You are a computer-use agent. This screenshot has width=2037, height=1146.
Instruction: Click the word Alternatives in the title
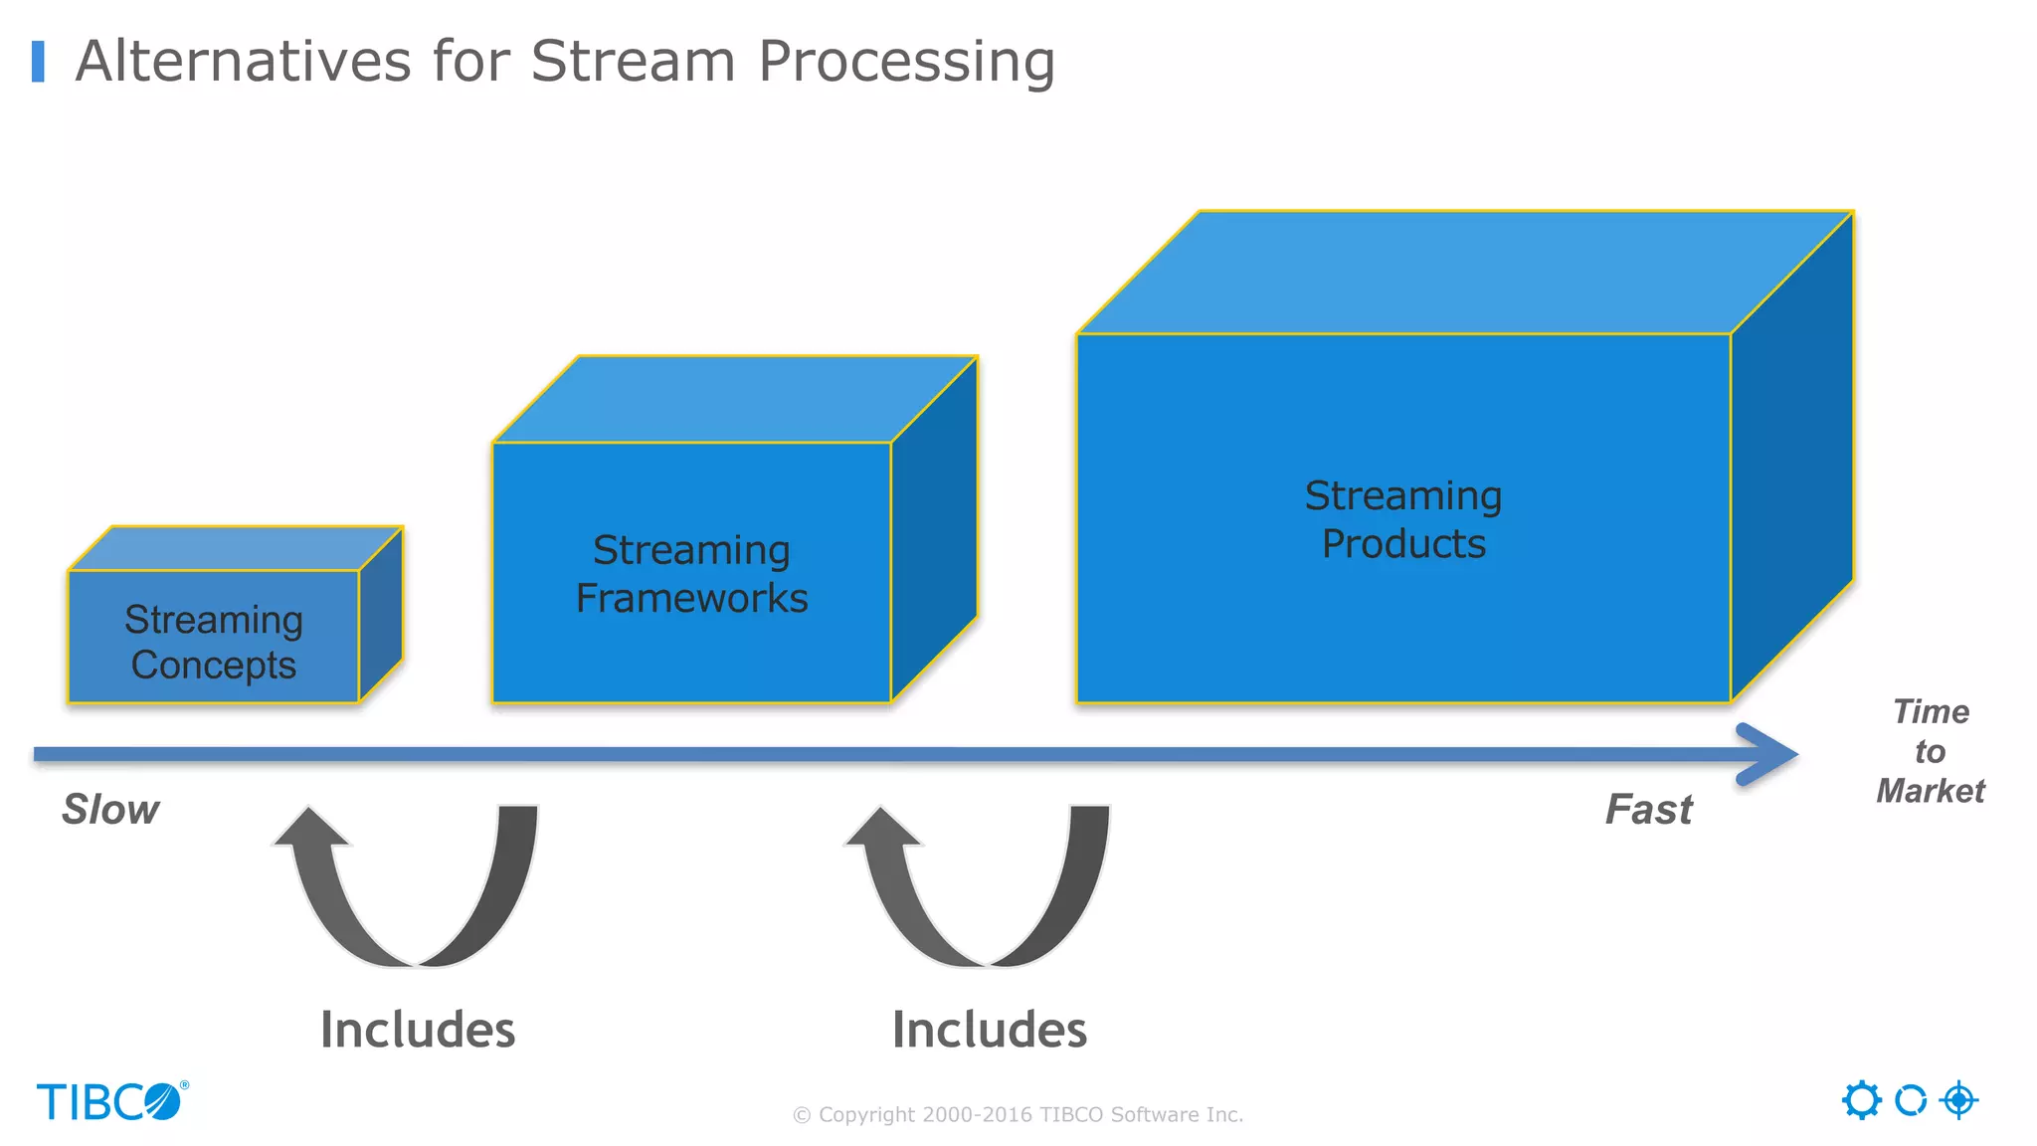pos(244,62)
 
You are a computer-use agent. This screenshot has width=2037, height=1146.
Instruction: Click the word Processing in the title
pos(906,62)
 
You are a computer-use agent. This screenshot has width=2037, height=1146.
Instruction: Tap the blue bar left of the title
pos(38,62)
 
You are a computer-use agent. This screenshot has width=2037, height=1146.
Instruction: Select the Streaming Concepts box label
pos(213,642)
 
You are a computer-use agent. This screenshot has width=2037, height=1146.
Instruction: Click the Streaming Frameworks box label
pos(691,574)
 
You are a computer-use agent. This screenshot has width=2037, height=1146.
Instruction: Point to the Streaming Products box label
pos(1402,519)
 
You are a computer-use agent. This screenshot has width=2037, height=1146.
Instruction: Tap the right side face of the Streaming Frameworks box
pos(934,527)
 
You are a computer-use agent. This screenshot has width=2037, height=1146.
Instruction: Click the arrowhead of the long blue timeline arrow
pos(1770,754)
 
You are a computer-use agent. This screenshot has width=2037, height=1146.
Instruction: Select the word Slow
pos(110,810)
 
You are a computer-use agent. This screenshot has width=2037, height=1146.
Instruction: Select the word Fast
pos(1648,810)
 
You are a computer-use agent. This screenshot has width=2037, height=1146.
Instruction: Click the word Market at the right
pos(1930,791)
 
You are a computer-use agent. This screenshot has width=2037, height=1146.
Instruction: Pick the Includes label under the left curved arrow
pos(418,1030)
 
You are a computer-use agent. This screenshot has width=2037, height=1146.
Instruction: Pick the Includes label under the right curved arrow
pos(990,1030)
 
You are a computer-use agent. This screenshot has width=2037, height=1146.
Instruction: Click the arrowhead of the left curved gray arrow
pos(310,829)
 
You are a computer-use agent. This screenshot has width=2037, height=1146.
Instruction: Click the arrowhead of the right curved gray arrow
pos(881,829)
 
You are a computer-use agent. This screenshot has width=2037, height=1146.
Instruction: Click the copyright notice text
pos(1018,1114)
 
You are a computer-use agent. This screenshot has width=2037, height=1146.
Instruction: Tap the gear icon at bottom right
pos(1861,1100)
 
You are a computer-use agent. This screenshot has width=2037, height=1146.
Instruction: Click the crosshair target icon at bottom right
pos(1958,1100)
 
